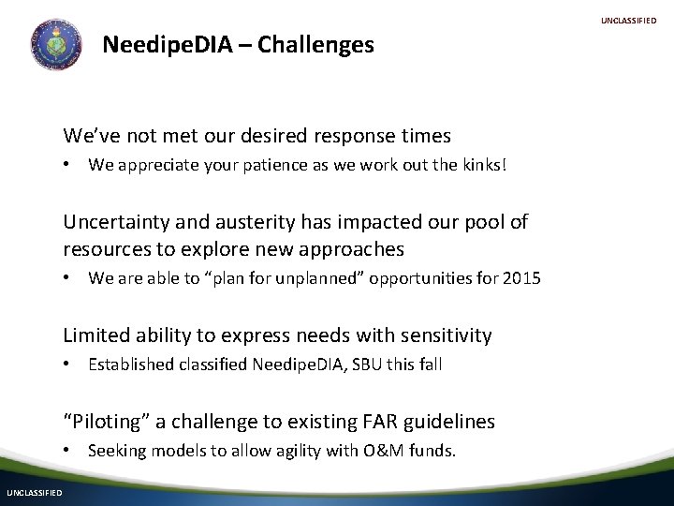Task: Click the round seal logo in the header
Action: pos(56,44)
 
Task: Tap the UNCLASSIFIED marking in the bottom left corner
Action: pos(35,493)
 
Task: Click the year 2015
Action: pos(521,278)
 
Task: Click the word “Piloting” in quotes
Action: pos(106,422)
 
